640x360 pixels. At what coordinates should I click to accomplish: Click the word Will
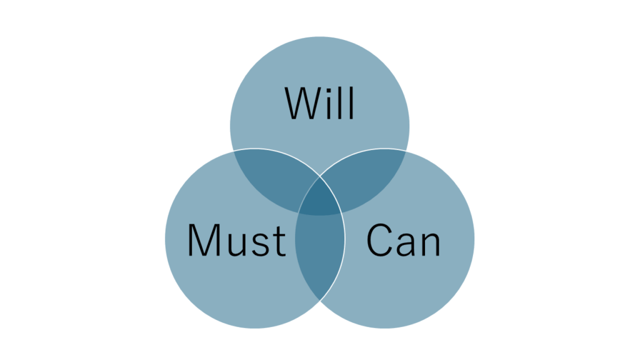click(319, 103)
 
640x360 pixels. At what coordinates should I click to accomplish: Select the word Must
click(237, 240)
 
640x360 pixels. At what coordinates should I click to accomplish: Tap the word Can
click(403, 240)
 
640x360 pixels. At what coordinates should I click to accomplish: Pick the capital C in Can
click(379, 240)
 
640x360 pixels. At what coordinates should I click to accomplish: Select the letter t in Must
click(279, 242)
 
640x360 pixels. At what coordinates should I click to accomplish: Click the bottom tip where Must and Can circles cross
click(319, 301)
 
